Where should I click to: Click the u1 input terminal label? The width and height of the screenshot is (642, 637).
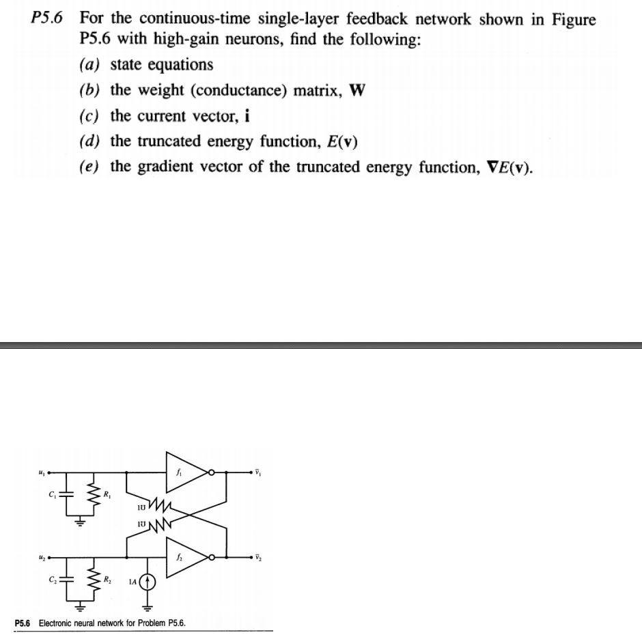(42, 470)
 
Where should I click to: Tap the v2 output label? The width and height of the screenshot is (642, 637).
(258, 558)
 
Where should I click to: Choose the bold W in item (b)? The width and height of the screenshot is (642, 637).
(357, 91)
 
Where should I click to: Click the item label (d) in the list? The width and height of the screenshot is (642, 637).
(89, 142)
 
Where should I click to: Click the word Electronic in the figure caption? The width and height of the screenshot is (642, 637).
(61, 623)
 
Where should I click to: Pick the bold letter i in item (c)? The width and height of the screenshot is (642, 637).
(247, 116)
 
